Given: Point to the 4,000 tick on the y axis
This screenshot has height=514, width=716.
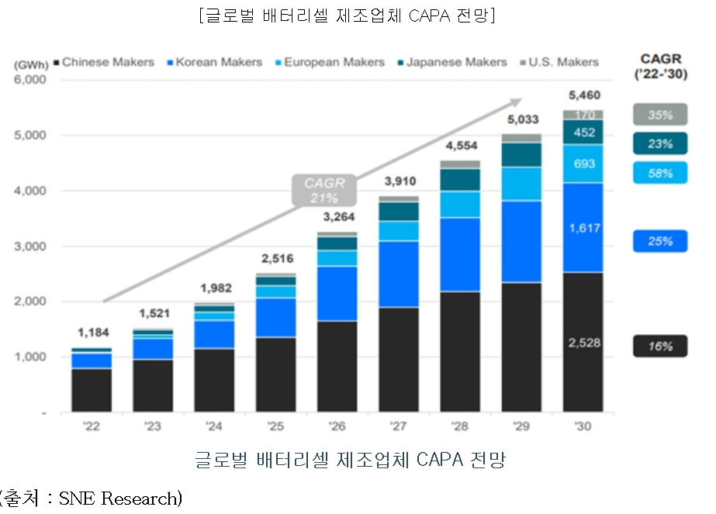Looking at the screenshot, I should pyautogui.click(x=30, y=191).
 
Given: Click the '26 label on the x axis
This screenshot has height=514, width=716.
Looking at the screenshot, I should pyautogui.click(x=336, y=426).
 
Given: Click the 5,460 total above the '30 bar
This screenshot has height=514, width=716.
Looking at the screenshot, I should pyautogui.click(x=584, y=96).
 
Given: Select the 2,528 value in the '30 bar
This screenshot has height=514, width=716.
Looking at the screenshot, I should pyautogui.click(x=584, y=343).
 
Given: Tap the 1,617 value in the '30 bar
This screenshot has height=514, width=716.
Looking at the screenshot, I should pyautogui.click(x=584, y=228).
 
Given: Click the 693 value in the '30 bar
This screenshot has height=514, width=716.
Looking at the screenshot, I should pyautogui.click(x=584, y=164).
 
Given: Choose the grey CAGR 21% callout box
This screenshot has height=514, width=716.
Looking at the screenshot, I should pyautogui.click(x=319, y=191).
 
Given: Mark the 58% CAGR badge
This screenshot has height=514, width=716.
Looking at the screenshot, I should pyautogui.click(x=659, y=173).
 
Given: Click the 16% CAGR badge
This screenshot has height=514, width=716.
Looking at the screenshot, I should pyautogui.click(x=659, y=347).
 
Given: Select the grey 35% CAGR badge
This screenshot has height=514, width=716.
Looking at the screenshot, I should pyautogui.click(x=659, y=115).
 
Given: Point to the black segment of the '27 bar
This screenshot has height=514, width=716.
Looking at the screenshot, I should pyautogui.click(x=399, y=360).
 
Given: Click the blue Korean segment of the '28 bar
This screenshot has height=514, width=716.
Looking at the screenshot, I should pyautogui.click(x=460, y=254).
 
